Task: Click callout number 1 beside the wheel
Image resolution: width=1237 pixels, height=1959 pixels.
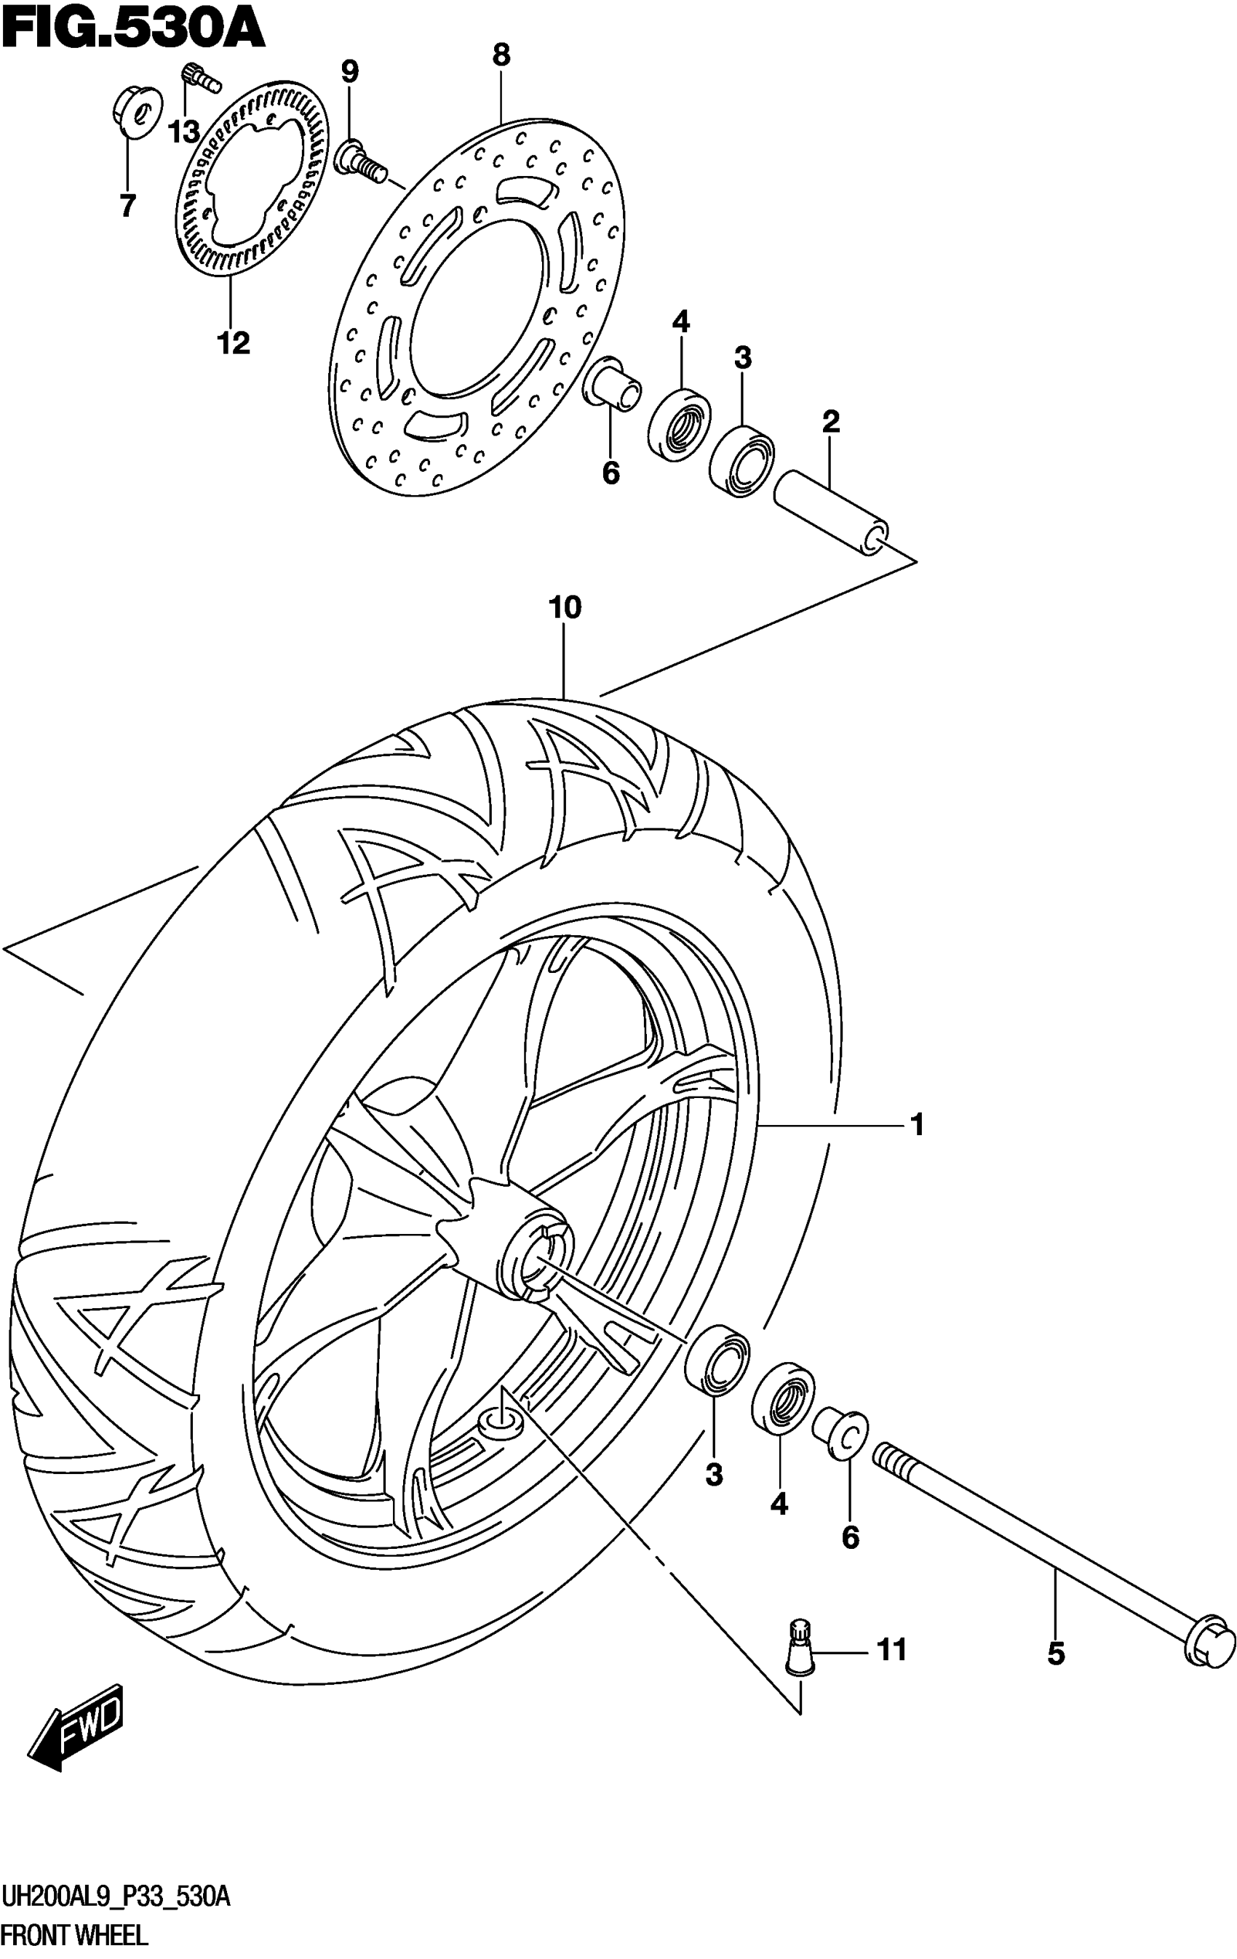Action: point(916,1125)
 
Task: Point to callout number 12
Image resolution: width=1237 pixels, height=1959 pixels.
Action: point(233,343)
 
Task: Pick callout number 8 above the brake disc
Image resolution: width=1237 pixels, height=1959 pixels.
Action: point(501,55)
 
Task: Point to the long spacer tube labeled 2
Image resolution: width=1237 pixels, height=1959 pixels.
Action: point(830,515)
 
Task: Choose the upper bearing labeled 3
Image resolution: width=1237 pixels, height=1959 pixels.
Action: point(741,461)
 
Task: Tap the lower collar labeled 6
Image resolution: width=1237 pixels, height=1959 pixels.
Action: point(840,1433)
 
